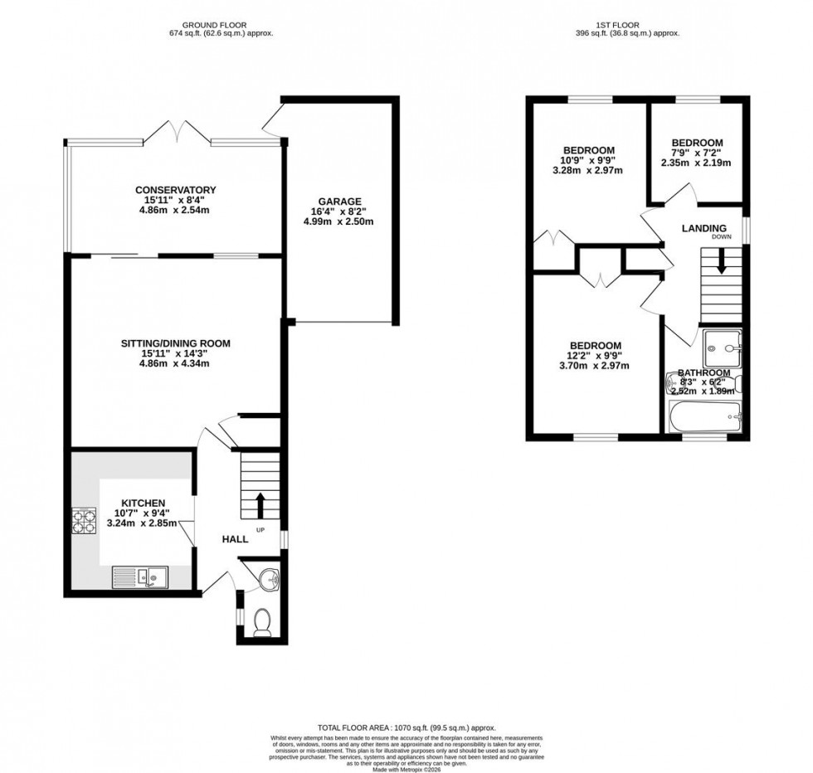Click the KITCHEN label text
click(144, 503)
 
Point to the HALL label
click(235, 539)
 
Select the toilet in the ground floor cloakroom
click(262, 621)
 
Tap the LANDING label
click(703, 229)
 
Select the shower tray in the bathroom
click(721, 348)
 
